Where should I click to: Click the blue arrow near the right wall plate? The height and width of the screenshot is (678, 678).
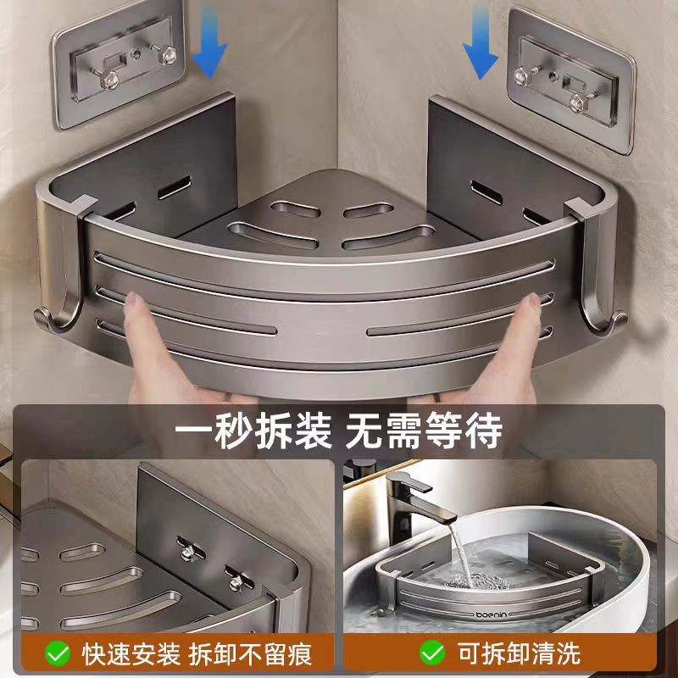coord(480,42)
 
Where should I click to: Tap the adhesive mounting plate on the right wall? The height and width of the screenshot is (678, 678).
coord(571,80)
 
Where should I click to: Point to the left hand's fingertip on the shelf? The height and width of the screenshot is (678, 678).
coord(132,301)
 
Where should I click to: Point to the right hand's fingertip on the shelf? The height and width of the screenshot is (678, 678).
coord(532,302)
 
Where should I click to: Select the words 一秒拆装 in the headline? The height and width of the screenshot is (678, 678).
coord(253,431)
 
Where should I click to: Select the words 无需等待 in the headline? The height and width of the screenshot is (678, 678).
coord(424,431)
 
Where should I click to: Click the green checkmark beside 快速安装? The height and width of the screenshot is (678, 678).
coord(58,653)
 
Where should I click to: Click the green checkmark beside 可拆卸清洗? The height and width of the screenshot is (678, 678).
coord(432,653)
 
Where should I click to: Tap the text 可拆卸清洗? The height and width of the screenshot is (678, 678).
coord(519,653)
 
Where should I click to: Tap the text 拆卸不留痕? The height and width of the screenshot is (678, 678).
coord(250,653)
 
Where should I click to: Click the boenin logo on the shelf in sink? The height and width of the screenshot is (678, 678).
coord(491,614)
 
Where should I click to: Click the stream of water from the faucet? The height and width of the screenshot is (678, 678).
coord(462,553)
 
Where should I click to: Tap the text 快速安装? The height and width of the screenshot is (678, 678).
coord(131,653)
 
